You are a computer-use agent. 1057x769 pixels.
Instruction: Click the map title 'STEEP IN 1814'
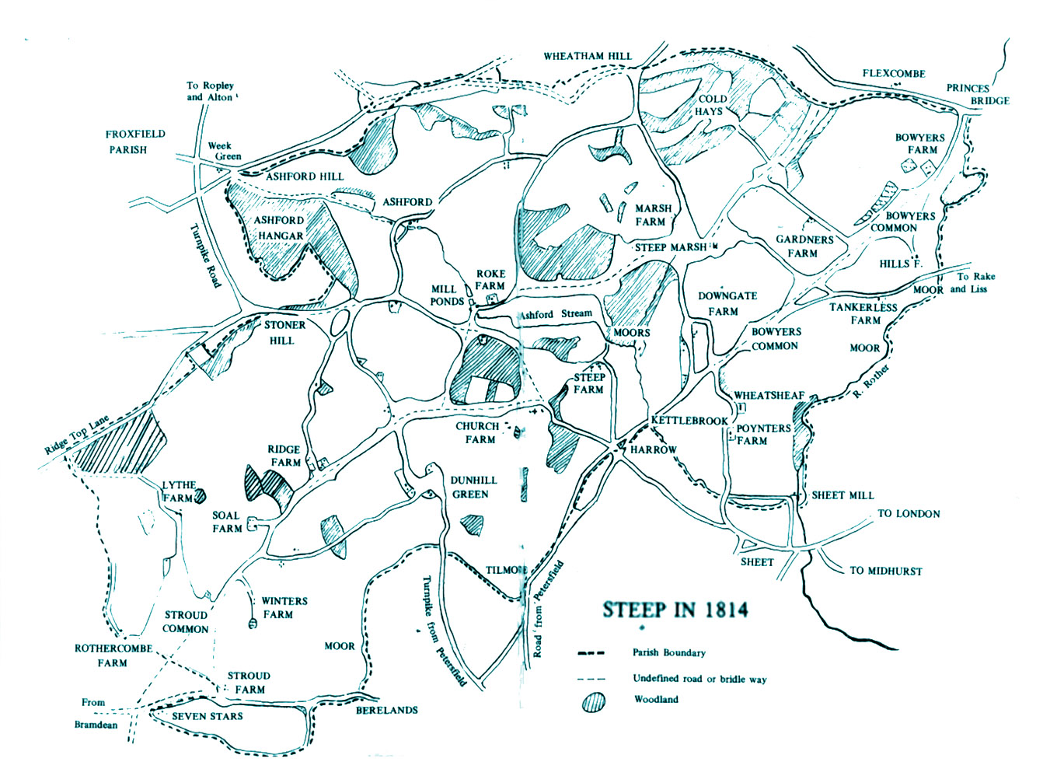[675, 610]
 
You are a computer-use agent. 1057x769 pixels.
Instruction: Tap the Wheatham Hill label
[588, 56]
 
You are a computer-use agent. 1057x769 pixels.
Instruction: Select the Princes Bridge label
[977, 94]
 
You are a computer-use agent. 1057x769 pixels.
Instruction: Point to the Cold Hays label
[711, 105]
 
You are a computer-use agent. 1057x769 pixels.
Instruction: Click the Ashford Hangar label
[280, 228]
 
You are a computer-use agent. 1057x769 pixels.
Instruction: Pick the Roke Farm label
[490, 280]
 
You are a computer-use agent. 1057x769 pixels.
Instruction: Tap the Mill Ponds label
[448, 295]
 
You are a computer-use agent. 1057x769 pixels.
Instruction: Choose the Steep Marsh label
[671, 247]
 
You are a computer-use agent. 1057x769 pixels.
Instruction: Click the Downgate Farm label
[727, 303]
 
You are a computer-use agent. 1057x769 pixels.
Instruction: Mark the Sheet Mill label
[842, 495]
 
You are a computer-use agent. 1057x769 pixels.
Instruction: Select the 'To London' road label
[909, 514]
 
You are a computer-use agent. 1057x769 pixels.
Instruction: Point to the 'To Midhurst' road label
[885, 571]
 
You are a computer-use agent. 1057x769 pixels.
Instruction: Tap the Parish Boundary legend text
[668, 653]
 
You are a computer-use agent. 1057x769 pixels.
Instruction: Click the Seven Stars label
[207, 716]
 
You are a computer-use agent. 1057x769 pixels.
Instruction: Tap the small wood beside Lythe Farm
[201, 495]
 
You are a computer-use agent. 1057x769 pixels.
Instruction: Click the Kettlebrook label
[689, 421]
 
